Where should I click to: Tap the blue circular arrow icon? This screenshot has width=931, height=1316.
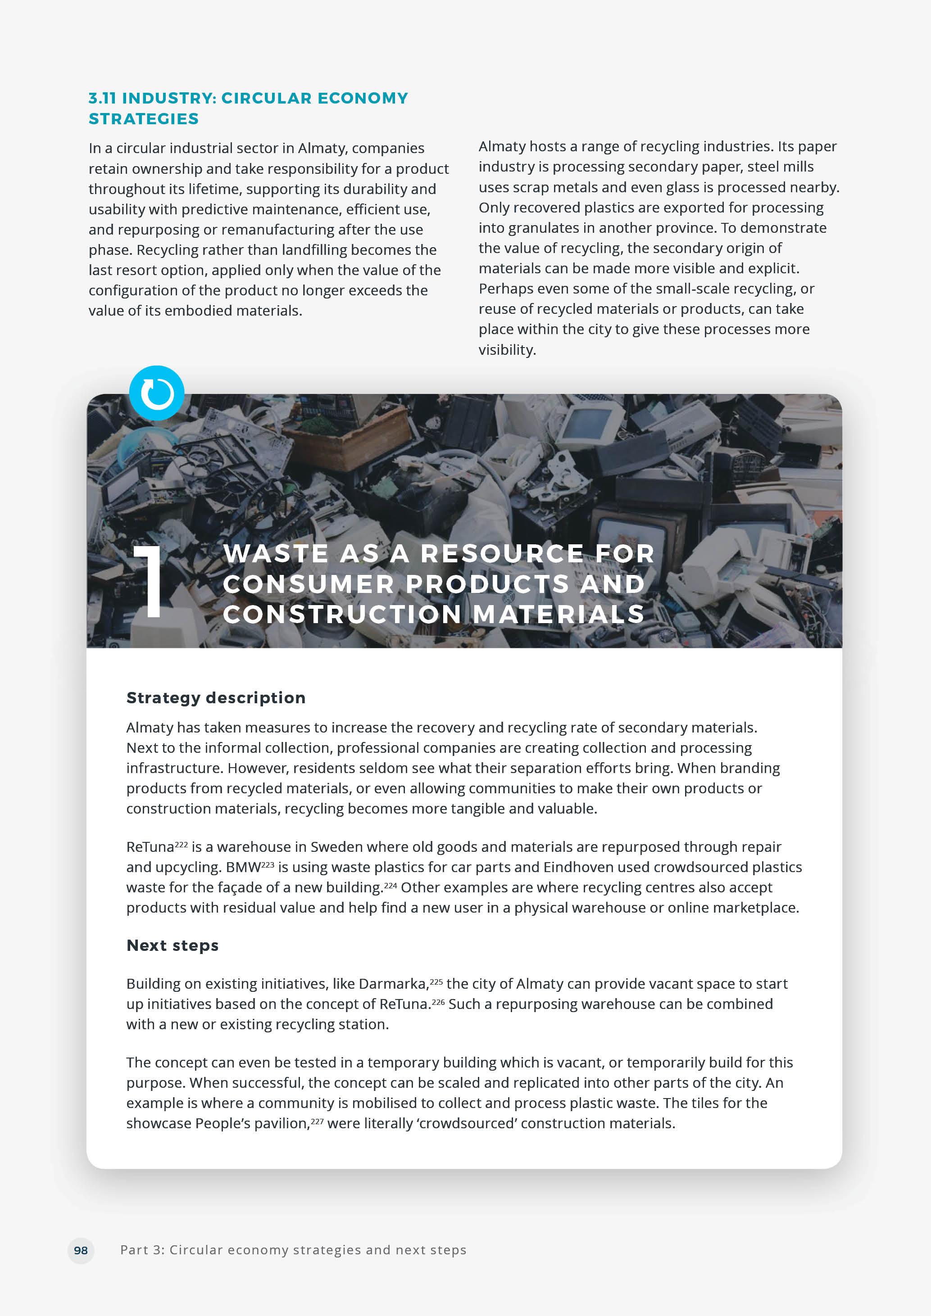pos(156,393)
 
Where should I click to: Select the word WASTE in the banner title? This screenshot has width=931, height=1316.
pos(276,554)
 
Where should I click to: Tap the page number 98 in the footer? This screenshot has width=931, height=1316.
pos(81,1250)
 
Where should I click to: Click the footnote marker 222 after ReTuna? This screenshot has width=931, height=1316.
pos(181,844)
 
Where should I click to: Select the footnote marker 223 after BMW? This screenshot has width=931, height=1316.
pos(268,864)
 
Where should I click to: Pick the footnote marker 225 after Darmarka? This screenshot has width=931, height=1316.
pos(436,981)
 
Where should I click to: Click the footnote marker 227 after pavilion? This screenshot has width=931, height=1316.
pos(317,1121)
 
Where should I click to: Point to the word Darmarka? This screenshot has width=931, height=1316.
pos(393,984)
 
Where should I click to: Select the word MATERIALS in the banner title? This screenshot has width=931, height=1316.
pos(559,615)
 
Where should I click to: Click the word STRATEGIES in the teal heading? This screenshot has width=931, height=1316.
pos(143,119)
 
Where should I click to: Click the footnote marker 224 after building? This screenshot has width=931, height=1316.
pos(391,885)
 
